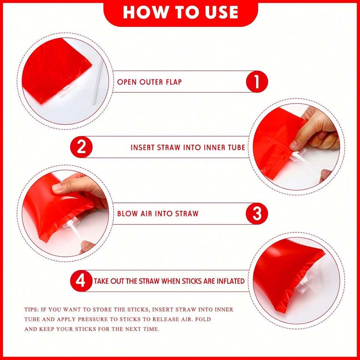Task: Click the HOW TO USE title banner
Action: (x=181, y=13)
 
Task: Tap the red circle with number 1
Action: (x=257, y=82)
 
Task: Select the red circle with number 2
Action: (x=81, y=147)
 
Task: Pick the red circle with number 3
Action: (x=257, y=213)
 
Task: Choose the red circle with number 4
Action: (x=81, y=281)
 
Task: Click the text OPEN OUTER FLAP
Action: (x=150, y=82)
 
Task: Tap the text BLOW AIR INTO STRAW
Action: (x=158, y=213)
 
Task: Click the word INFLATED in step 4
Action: (x=229, y=281)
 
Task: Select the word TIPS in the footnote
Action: (x=31, y=309)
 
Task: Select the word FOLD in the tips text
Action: (x=203, y=319)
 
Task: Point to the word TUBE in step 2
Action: (x=237, y=147)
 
